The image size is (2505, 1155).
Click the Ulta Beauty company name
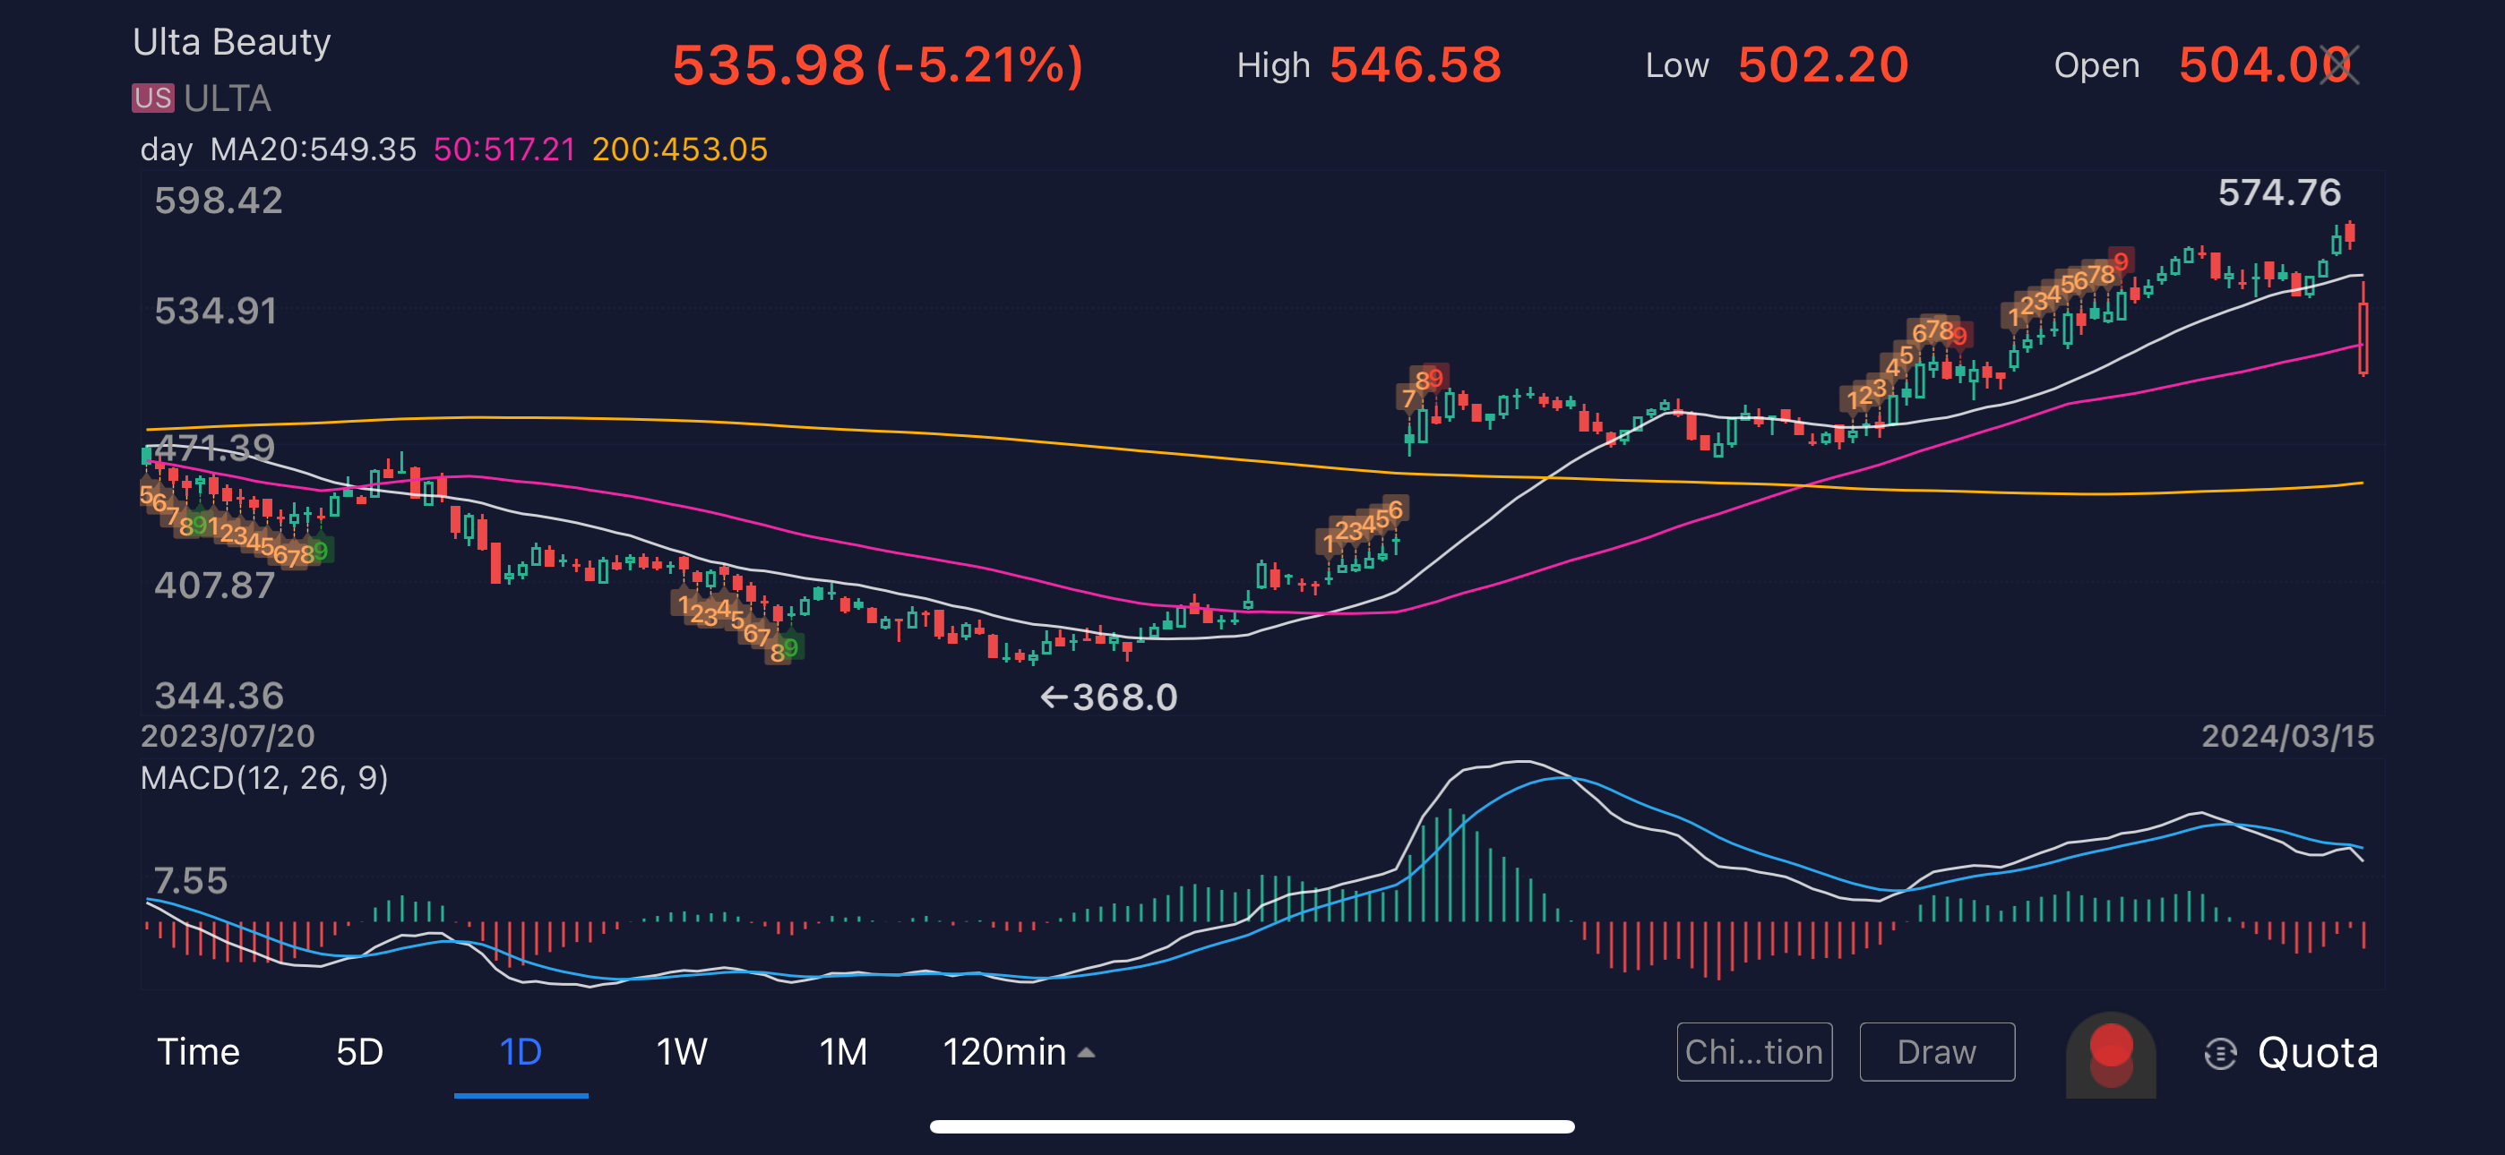point(231,43)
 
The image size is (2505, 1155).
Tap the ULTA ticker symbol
point(228,98)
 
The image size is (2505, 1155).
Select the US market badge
point(152,98)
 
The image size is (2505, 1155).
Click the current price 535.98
point(768,65)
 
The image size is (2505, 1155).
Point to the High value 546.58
point(1415,65)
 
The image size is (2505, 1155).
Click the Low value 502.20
point(1822,65)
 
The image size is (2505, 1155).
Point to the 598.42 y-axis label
point(219,201)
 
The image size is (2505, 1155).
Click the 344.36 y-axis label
point(219,695)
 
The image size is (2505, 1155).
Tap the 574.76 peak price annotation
point(2278,192)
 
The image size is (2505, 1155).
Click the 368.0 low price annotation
point(1123,697)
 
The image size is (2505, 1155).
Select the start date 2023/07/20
point(228,736)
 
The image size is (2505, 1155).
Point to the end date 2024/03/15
point(2286,736)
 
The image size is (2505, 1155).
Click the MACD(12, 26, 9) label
point(263,778)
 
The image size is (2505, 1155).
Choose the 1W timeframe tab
point(681,1052)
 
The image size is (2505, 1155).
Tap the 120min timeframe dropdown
point(1017,1052)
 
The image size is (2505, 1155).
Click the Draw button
point(1936,1052)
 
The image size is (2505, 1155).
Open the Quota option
point(2316,1053)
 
